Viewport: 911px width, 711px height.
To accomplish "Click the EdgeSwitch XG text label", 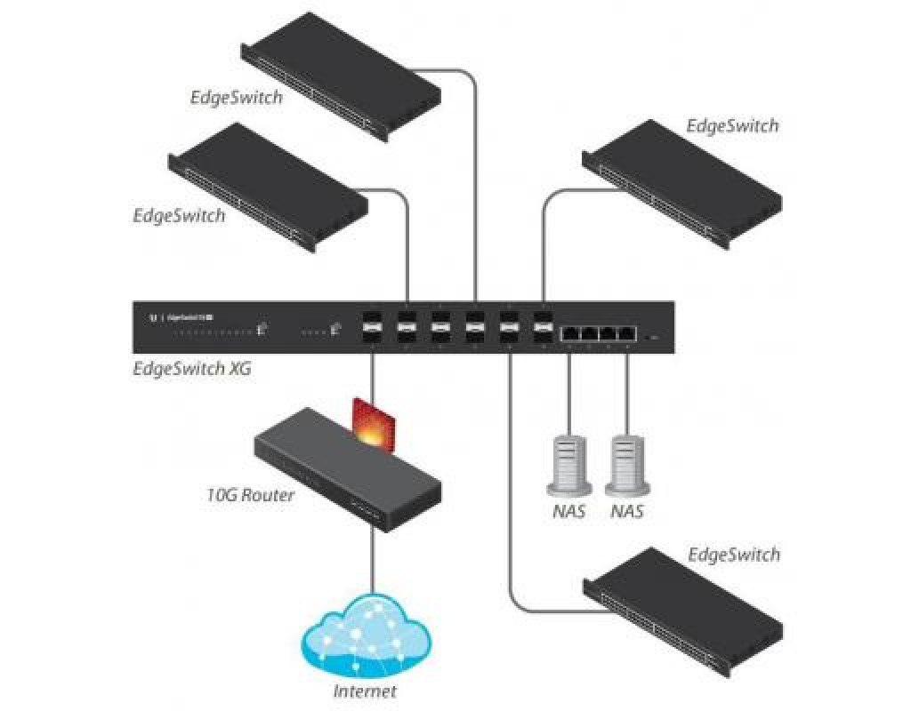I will tap(191, 367).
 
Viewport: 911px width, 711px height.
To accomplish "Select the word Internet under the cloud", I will tap(365, 691).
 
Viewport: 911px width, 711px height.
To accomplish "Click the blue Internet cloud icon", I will tap(366, 635).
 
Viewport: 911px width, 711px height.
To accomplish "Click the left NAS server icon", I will tap(568, 463).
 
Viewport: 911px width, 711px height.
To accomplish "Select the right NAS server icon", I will tap(627, 463).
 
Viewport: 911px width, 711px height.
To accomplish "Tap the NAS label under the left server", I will tap(568, 512).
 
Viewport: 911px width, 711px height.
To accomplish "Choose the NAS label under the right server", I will tap(627, 512).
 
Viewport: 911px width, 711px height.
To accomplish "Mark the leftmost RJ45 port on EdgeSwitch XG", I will tap(568, 333).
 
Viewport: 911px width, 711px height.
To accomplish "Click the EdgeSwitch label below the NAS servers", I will tap(733, 555).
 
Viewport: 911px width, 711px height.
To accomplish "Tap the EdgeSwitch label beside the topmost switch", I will tap(236, 98).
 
